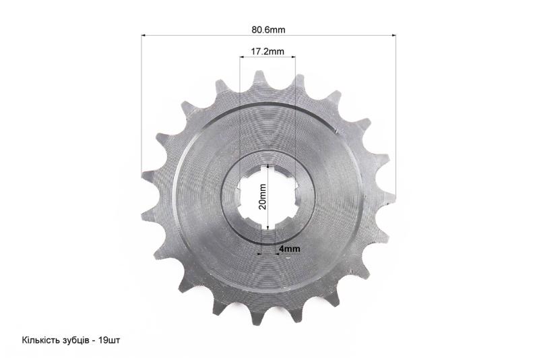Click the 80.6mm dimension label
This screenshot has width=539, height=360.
pyautogui.click(x=268, y=30)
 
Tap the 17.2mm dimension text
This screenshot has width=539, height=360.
pyautogui.click(x=267, y=51)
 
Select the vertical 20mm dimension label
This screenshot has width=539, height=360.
pyautogui.click(x=263, y=197)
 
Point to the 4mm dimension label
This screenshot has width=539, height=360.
pyautogui.click(x=290, y=248)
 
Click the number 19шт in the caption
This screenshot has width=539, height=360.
pyautogui.click(x=109, y=340)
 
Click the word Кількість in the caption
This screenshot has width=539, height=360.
pyautogui.click(x=40, y=340)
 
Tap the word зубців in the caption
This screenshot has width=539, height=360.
pyautogui.click(x=74, y=340)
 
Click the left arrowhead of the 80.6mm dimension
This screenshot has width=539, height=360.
pyautogui.click(x=144, y=35)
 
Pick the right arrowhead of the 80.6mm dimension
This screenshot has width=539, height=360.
pyautogui.click(x=393, y=35)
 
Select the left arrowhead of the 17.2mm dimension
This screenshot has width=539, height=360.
pyautogui.click(x=242, y=57)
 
